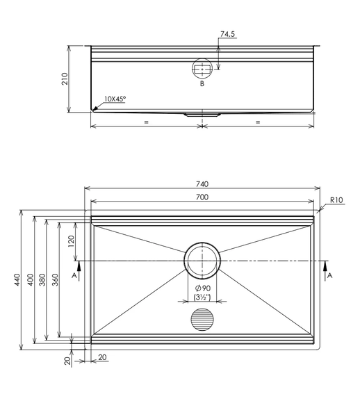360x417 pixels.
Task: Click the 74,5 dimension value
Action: point(227,34)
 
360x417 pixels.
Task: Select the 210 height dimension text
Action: point(65,79)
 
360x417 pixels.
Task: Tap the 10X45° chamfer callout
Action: point(115,99)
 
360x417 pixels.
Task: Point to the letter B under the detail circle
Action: point(202,84)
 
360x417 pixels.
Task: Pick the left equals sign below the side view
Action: point(146,122)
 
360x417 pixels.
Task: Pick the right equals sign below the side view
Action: point(258,122)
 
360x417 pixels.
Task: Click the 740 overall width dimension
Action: point(202,184)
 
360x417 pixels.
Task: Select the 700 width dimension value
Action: point(202,197)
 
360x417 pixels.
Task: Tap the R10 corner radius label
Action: point(336,200)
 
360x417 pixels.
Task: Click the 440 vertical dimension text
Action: point(17,280)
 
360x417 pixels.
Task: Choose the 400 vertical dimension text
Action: point(31,280)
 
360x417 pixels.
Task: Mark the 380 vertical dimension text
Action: point(42,280)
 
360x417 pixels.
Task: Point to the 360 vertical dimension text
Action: point(55,280)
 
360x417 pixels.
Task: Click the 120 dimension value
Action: point(71,241)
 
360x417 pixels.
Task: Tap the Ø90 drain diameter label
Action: point(203,288)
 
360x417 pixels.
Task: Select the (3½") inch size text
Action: point(202,297)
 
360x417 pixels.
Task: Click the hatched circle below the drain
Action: point(202,320)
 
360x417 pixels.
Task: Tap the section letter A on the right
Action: point(329,276)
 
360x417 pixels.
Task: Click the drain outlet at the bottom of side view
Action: point(202,115)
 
